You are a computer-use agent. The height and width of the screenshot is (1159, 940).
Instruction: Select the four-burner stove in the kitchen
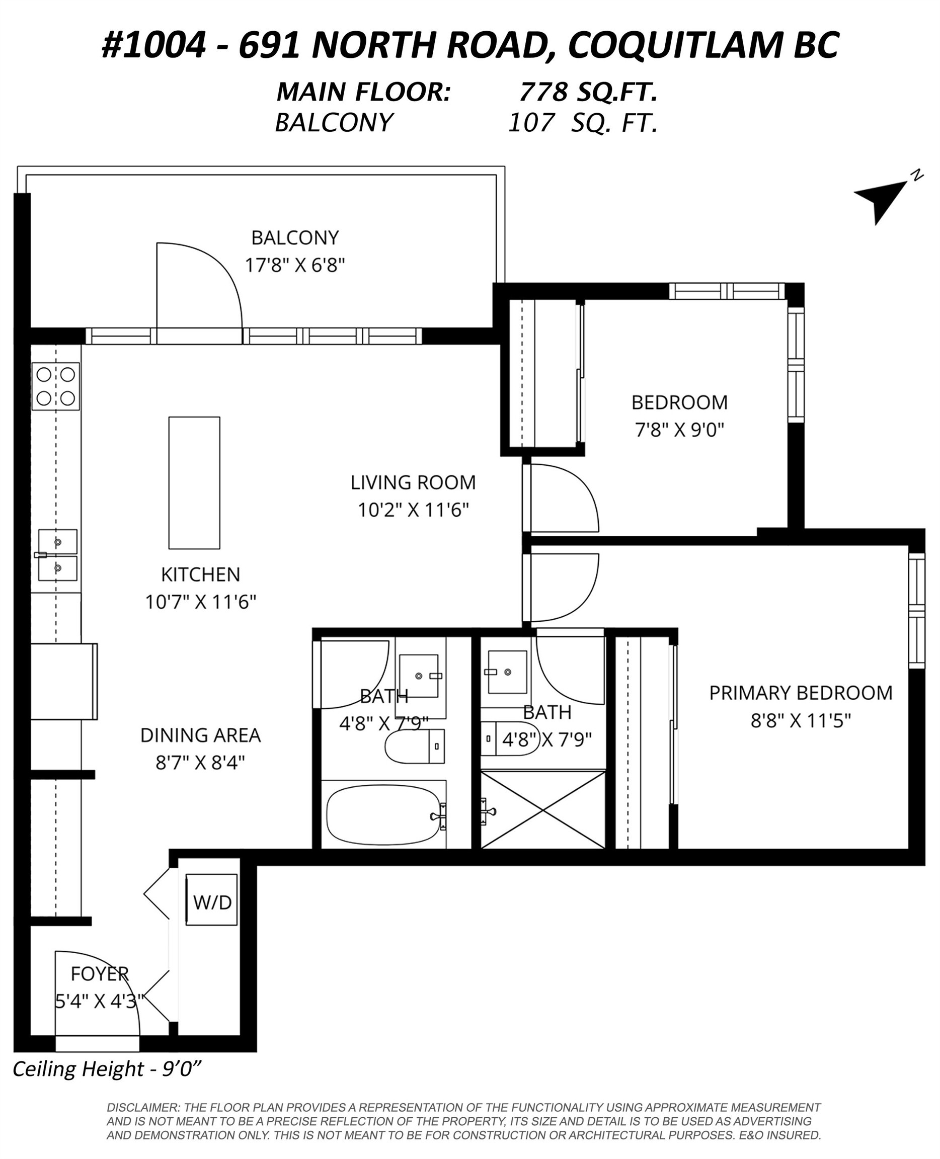point(56,386)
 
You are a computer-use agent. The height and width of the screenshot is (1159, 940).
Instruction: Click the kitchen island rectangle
point(194,482)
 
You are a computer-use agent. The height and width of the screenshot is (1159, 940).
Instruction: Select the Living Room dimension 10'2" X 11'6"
point(413,510)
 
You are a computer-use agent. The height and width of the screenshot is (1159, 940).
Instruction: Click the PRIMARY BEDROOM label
point(800,693)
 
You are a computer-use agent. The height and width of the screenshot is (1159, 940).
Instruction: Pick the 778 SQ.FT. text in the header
point(588,92)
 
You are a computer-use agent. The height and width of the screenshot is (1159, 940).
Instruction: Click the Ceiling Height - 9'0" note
point(107,1069)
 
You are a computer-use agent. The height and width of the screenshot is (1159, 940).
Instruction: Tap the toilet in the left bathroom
point(415,747)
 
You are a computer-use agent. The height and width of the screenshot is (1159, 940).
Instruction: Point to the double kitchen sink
point(57,555)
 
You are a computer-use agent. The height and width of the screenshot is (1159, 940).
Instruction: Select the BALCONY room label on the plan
point(295,237)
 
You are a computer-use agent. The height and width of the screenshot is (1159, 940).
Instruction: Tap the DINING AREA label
point(200,735)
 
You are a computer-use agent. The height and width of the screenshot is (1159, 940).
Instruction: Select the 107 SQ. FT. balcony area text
point(583,123)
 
